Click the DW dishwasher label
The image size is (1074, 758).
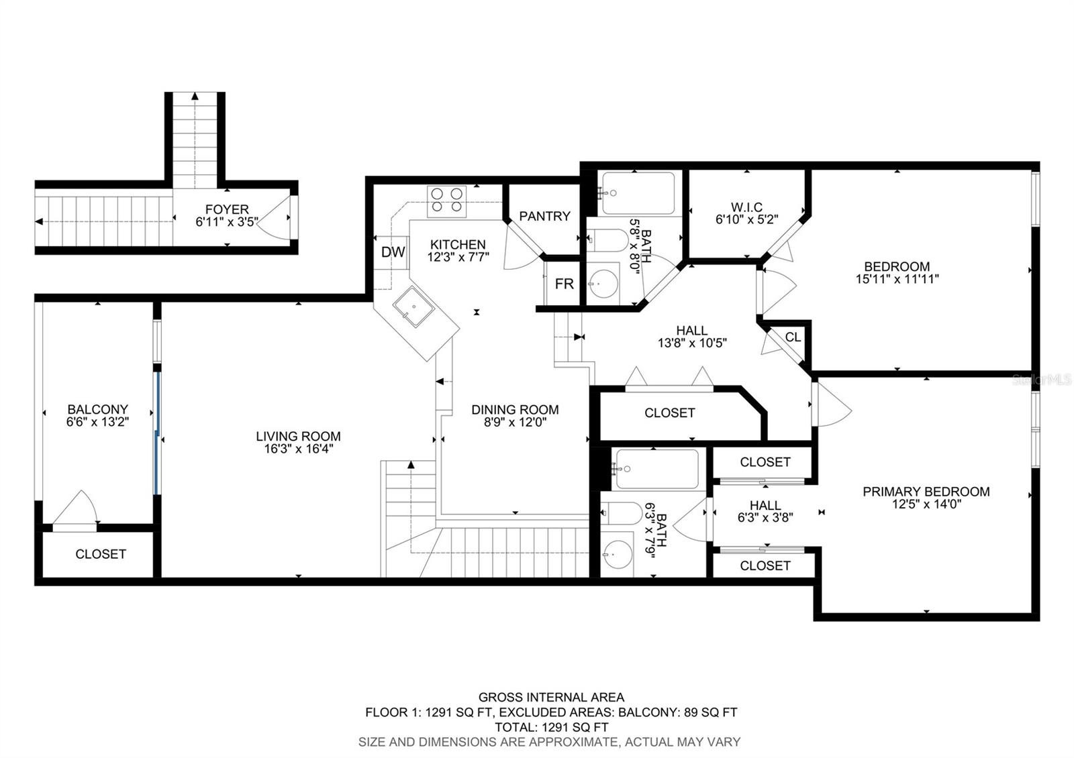(393, 252)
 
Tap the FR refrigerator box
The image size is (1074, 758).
(564, 284)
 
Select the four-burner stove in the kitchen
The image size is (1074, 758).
(447, 201)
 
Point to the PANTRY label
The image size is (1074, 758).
(544, 216)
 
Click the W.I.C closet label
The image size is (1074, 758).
(746, 207)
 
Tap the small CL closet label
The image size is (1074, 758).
(793, 337)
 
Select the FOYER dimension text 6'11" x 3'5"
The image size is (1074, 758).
(227, 222)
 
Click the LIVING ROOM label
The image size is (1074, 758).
(298, 436)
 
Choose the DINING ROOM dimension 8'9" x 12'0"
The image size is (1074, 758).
(515, 423)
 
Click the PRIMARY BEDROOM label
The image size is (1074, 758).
(926, 492)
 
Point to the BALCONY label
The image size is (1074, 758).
(97, 409)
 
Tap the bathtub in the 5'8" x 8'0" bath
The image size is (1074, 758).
(638, 193)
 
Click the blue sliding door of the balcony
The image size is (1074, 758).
(158, 433)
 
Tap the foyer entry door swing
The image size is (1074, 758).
(277, 218)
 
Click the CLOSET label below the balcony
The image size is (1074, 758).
(101, 554)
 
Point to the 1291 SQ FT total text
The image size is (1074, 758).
(552, 727)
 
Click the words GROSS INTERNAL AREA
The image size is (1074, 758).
(551, 698)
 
